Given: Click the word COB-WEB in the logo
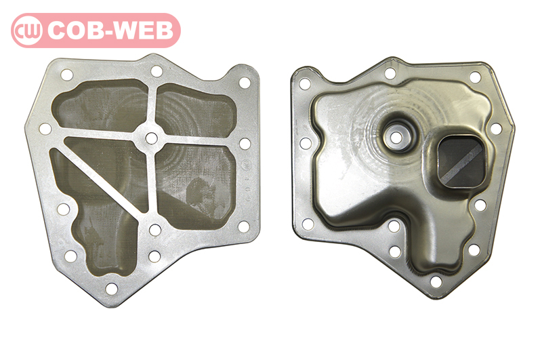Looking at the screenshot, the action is pos(110,31).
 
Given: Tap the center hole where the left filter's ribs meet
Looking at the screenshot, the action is pos(151,138).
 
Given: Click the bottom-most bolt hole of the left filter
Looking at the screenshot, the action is pos(111,288).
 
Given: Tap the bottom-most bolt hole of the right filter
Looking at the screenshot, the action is pos(436,281).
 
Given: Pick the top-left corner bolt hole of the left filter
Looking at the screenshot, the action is pos(66,75).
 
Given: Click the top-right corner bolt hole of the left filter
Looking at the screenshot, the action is pos(245,83).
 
